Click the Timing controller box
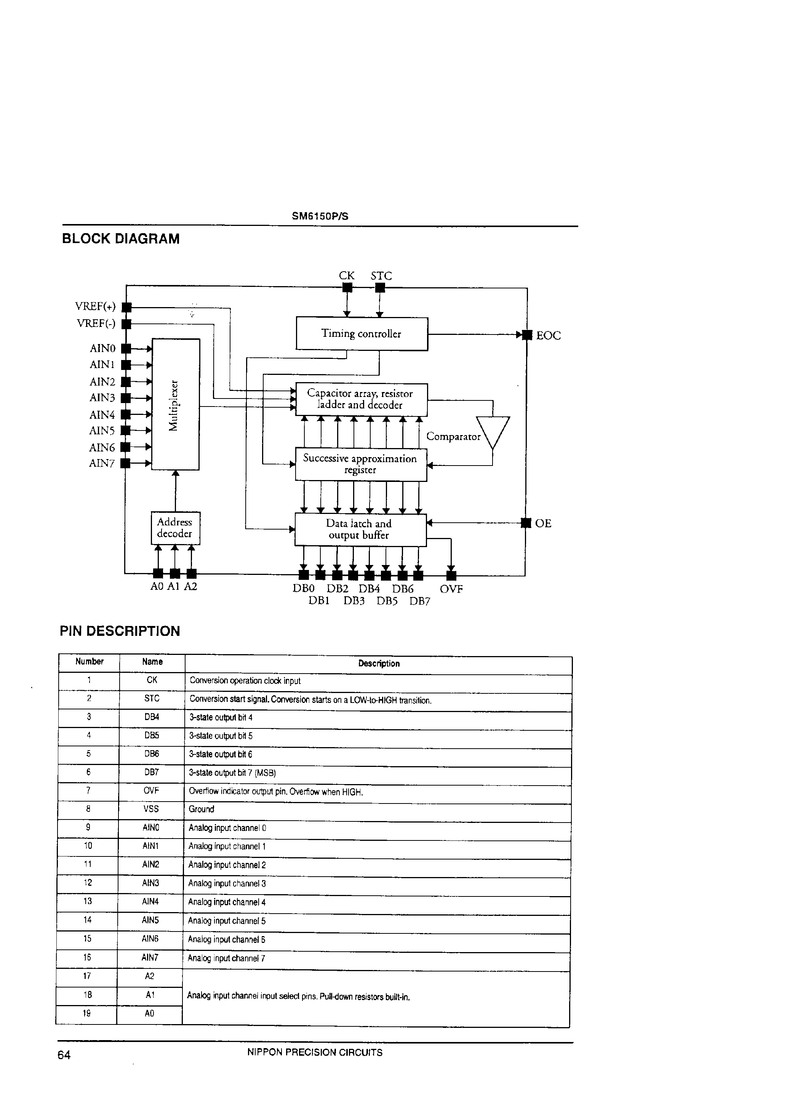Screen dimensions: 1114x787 (x=362, y=334)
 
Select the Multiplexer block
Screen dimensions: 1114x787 (x=176, y=404)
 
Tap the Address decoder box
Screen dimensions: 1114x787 (x=175, y=528)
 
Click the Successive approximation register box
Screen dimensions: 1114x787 (x=360, y=464)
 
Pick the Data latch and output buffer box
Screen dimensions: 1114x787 (x=360, y=529)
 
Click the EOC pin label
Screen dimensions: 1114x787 (x=548, y=336)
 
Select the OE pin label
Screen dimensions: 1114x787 (x=543, y=523)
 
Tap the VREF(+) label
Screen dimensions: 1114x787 (x=95, y=307)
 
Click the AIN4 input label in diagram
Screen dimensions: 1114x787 (x=102, y=415)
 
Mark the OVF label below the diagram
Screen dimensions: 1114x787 (x=451, y=589)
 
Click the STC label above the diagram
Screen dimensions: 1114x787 (x=381, y=275)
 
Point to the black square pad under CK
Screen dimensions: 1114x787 (x=347, y=288)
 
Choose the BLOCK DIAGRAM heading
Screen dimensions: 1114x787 (x=121, y=239)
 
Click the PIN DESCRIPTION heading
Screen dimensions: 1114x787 (x=120, y=631)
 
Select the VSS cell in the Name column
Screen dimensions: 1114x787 (x=151, y=809)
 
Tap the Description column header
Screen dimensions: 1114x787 (x=379, y=663)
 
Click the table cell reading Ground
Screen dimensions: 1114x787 (x=202, y=809)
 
